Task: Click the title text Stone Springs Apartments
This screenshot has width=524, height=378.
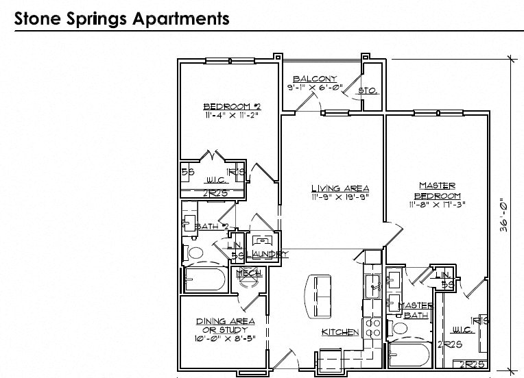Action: pos(122,18)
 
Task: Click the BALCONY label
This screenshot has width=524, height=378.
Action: pos(315,78)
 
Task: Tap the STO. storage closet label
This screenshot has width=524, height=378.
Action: pos(370,90)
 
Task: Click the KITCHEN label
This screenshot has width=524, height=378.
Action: pos(340,332)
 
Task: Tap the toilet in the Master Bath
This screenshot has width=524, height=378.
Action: pos(398,329)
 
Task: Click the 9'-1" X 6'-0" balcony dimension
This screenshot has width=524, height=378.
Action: pos(313,87)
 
